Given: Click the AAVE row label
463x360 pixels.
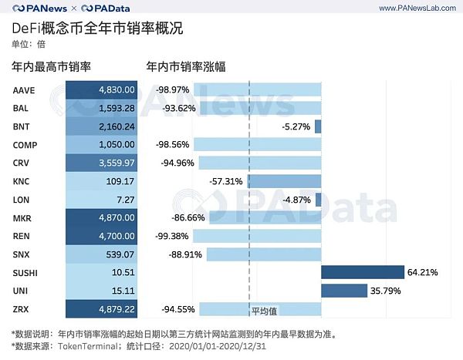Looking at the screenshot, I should coord(24,90).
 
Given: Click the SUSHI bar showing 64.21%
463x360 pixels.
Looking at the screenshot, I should coord(362,272).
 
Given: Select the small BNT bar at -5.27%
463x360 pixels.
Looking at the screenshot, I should coord(317,126).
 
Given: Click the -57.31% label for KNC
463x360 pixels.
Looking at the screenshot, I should coord(225,181).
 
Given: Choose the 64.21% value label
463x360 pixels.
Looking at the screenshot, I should coord(423,272).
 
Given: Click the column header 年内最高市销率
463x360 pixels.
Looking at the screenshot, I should coord(52,67).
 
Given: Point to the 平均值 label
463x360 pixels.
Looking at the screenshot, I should coord(264,311).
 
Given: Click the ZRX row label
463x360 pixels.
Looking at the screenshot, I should coord(22,309).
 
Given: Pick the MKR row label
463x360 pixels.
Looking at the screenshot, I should coord(23,218).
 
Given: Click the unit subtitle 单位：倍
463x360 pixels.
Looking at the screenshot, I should coord(29,45).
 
